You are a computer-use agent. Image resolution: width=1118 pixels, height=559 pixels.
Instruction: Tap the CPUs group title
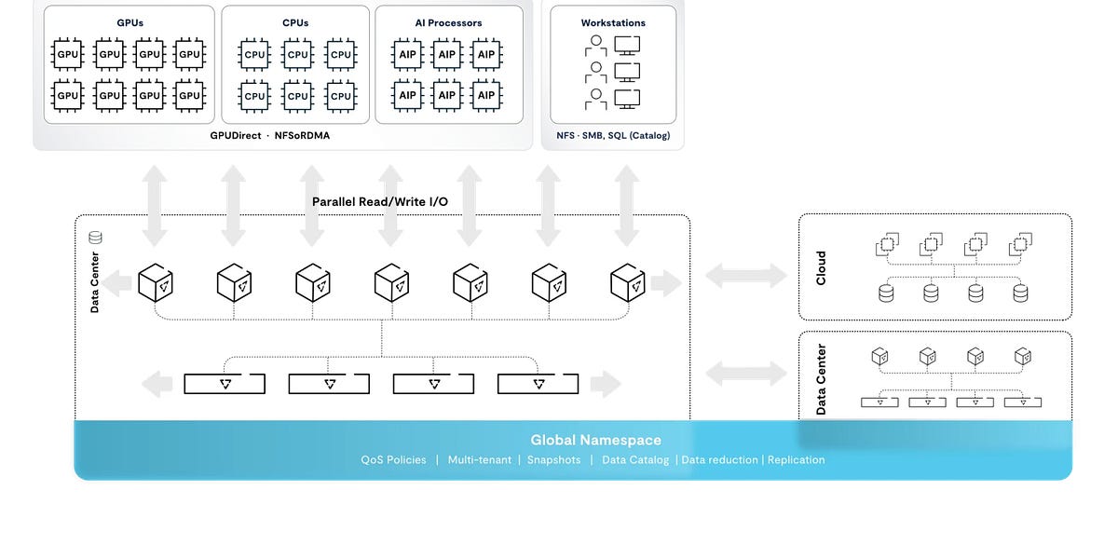[295, 22]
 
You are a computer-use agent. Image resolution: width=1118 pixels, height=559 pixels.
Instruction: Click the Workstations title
[613, 22]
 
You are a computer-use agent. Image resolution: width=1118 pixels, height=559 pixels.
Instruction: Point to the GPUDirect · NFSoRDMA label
[270, 136]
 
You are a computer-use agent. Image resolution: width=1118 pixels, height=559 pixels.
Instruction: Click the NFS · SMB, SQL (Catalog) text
[613, 136]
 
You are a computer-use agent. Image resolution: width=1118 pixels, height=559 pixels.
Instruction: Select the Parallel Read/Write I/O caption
[380, 201]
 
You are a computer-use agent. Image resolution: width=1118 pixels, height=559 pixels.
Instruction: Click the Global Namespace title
[595, 440]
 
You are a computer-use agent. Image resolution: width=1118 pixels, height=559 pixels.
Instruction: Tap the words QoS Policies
[393, 460]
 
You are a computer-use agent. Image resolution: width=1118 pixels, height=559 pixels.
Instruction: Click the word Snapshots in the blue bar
[553, 460]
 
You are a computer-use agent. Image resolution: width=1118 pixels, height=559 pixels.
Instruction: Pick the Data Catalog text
[635, 460]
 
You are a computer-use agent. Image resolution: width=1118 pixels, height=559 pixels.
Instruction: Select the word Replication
[796, 460]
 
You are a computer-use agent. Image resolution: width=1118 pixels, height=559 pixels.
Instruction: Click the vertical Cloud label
[821, 267]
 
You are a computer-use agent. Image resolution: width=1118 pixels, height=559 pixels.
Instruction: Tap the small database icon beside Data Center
[94, 239]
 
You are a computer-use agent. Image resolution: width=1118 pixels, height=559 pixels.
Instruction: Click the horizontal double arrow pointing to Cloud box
[746, 274]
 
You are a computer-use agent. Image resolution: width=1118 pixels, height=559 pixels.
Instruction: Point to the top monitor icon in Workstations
[628, 44]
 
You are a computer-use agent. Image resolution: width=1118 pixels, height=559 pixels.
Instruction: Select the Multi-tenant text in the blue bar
[480, 460]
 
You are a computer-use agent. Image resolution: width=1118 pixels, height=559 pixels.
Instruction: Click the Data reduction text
[719, 460]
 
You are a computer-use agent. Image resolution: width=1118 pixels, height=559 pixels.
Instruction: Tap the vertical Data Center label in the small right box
[821, 379]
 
